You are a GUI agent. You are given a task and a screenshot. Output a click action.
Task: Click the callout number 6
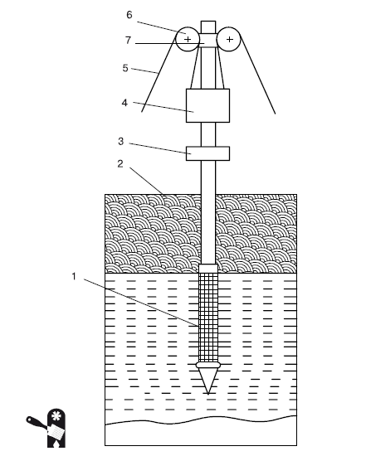click(129, 15)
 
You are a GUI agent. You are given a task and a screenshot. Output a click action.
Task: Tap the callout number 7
click(128, 40)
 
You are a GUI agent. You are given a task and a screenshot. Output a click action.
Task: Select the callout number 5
click(125, 68)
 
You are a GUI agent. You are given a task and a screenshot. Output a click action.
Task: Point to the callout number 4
click(124, 103)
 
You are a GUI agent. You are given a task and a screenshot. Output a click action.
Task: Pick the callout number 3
click(121, 141)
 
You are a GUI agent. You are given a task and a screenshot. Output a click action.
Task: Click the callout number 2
click(120, 164)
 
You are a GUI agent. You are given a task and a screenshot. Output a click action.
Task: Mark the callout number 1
click(74, 276)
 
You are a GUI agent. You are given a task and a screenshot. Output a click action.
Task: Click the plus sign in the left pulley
click(188, 39)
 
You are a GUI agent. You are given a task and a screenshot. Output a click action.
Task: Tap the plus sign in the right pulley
click(229, 39)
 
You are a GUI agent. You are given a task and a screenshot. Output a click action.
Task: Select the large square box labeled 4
click(207, 105)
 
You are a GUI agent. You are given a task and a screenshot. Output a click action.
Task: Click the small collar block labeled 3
click(207, 153)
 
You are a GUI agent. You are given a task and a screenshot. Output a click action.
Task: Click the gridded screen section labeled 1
click(208, 318)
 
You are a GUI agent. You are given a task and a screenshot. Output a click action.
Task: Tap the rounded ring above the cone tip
click(208, 366)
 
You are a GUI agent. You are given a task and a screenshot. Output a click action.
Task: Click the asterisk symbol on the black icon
click(56, 416)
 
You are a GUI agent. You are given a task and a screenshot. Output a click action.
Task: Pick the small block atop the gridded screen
click(208, 269)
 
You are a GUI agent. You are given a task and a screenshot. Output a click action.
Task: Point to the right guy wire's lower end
click(276, 114)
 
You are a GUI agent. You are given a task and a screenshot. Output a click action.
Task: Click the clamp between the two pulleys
click(208, 40)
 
